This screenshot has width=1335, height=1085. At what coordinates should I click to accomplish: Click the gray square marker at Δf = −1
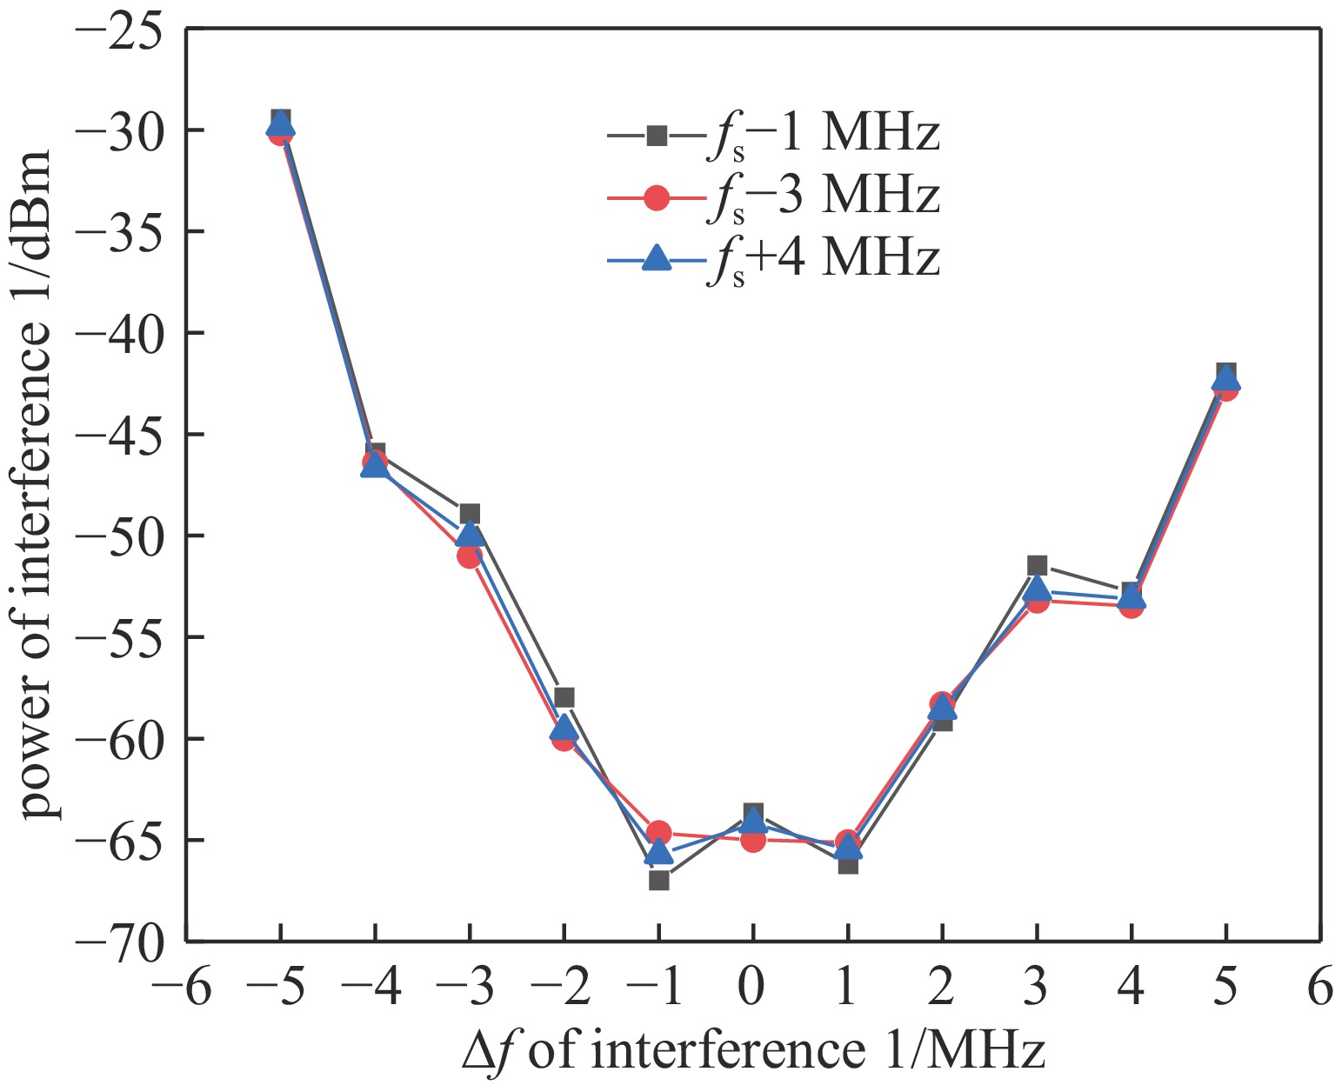coord(658,880)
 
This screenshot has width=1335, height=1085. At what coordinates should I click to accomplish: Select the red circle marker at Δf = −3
coord(470,555)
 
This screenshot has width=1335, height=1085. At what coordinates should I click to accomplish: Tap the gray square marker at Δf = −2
coord(564,697)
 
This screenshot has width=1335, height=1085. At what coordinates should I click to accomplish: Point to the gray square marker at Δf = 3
coord(1037,566)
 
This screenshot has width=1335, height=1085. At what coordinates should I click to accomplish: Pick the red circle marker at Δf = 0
coord(753,840)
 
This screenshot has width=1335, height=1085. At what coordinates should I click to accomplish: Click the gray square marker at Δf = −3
coord(470,514)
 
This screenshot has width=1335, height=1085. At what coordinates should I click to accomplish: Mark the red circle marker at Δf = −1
coord(658,832)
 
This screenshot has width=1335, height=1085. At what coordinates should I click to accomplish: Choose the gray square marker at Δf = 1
coord(848,864)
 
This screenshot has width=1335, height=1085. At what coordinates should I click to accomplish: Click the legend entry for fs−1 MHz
coord(774,136)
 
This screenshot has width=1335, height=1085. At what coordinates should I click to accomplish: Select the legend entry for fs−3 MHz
coord(774,197)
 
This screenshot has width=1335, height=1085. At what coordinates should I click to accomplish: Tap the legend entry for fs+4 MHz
coord(774,258)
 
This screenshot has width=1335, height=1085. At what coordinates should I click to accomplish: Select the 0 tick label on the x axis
coord(753,988)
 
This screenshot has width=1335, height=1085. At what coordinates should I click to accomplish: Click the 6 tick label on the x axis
coord(1319,988)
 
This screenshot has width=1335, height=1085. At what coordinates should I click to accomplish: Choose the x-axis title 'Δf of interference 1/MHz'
coord(753,1052)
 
